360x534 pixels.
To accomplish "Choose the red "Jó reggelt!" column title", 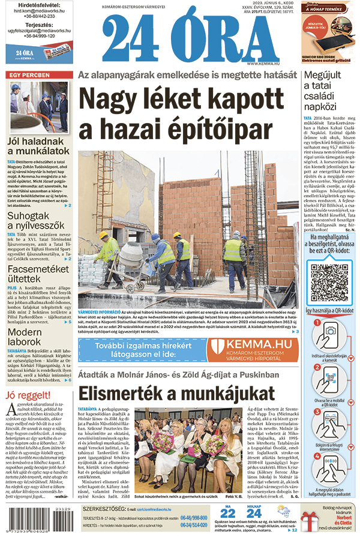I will coord(27,395).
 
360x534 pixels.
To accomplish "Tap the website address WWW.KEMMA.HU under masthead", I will coord(264,63).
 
